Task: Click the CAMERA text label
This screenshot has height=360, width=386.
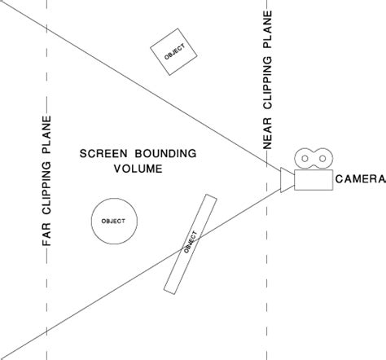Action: pyautogui.click(x=354, y=178)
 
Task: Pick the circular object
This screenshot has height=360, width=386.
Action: pyautogui.click(x=113, y=222)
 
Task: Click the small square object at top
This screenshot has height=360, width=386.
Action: pyautogui.click(x=174, y=53)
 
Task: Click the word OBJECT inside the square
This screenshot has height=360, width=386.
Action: pyautogui.click(x=174, y=53)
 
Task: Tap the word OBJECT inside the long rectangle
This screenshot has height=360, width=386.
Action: pyautogui.click(x=191, y=242)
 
